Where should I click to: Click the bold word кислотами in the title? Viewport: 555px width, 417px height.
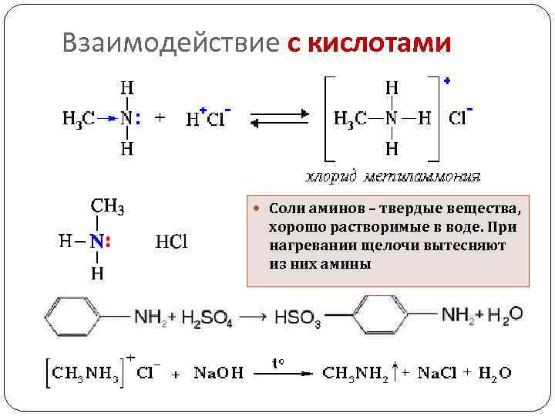click(379, 44)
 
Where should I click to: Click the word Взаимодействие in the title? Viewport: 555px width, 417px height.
click(170, 44)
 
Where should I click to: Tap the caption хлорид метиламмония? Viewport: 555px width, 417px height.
click(393, 177)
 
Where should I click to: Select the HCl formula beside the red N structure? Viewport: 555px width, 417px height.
click(172, 242)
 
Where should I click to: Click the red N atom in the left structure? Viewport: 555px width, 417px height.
click(97, 242)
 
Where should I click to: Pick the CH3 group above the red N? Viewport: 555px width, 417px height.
click(108, 206)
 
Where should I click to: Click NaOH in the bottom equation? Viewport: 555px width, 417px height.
click(218, 374)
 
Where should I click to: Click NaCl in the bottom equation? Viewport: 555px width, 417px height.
click(438, 374)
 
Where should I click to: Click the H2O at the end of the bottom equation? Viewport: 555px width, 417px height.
click(494, 374)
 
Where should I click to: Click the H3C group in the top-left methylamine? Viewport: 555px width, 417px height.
click(79, 119)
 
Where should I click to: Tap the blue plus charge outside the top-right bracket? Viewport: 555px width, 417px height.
click(448, 80)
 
